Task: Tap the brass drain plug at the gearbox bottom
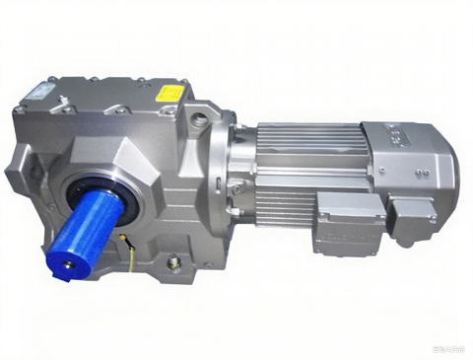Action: tap(174, 262)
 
